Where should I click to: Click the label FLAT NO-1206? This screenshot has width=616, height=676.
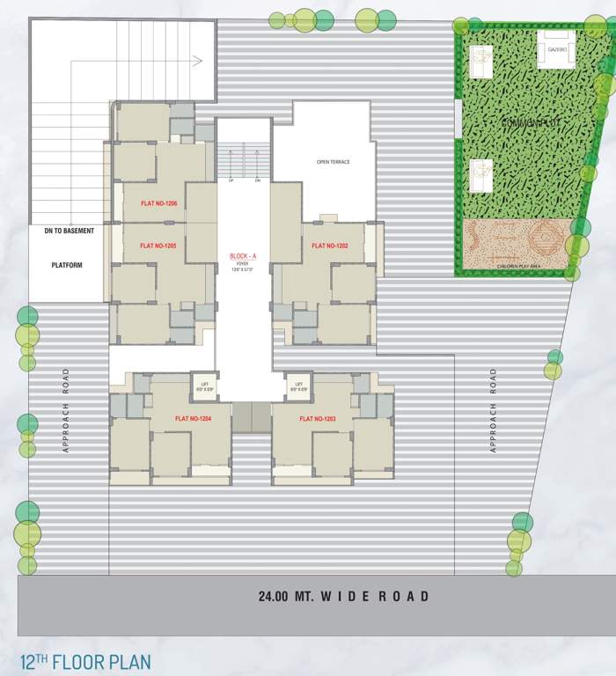159,204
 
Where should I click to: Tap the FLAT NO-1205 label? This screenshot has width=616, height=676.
159,246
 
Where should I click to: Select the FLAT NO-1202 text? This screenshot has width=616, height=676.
331,246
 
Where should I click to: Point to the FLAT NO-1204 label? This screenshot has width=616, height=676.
194,418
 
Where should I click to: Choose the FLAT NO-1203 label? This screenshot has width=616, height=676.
319,418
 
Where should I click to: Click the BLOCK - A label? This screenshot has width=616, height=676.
242,256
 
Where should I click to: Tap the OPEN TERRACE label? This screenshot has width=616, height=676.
334,162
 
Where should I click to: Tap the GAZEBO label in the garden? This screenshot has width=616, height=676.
556,50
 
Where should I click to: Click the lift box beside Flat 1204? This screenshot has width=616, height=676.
204,386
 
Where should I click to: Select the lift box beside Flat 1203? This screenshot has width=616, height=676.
298,386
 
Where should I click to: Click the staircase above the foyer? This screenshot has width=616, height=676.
244,164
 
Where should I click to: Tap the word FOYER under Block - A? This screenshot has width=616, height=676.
242,263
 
